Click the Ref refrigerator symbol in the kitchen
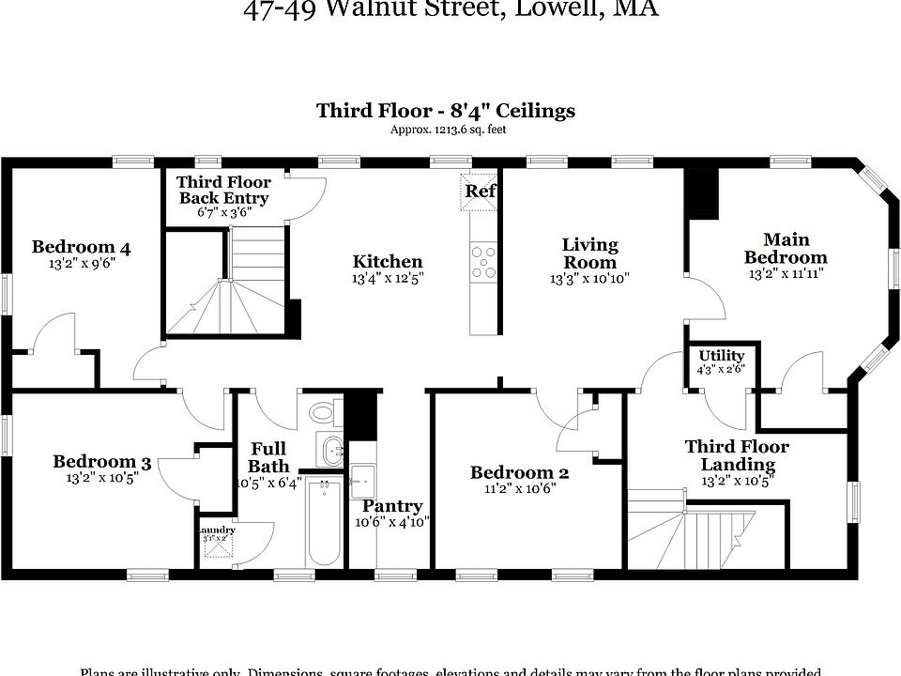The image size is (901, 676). [481, 191]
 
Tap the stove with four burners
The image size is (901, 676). [483, 261]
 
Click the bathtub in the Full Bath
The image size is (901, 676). [324, 521]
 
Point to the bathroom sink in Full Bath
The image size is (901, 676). [331, 452]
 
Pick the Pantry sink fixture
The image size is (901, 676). [362, 481]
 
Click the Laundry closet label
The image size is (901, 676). [217, 531]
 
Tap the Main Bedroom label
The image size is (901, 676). [786, 249]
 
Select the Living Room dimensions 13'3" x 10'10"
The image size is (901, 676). [589, 279]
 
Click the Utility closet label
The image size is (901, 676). [722, 356]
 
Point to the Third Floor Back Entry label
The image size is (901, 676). [224, 191]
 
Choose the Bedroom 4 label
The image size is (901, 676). [81, 248]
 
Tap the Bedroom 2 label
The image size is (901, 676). [519, 472]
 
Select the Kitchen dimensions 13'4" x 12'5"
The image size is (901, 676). [387, 279]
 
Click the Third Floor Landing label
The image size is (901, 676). [737, 455]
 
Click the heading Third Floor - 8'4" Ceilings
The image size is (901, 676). [446, 111]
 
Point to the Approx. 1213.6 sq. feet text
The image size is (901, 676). [448, 131]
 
